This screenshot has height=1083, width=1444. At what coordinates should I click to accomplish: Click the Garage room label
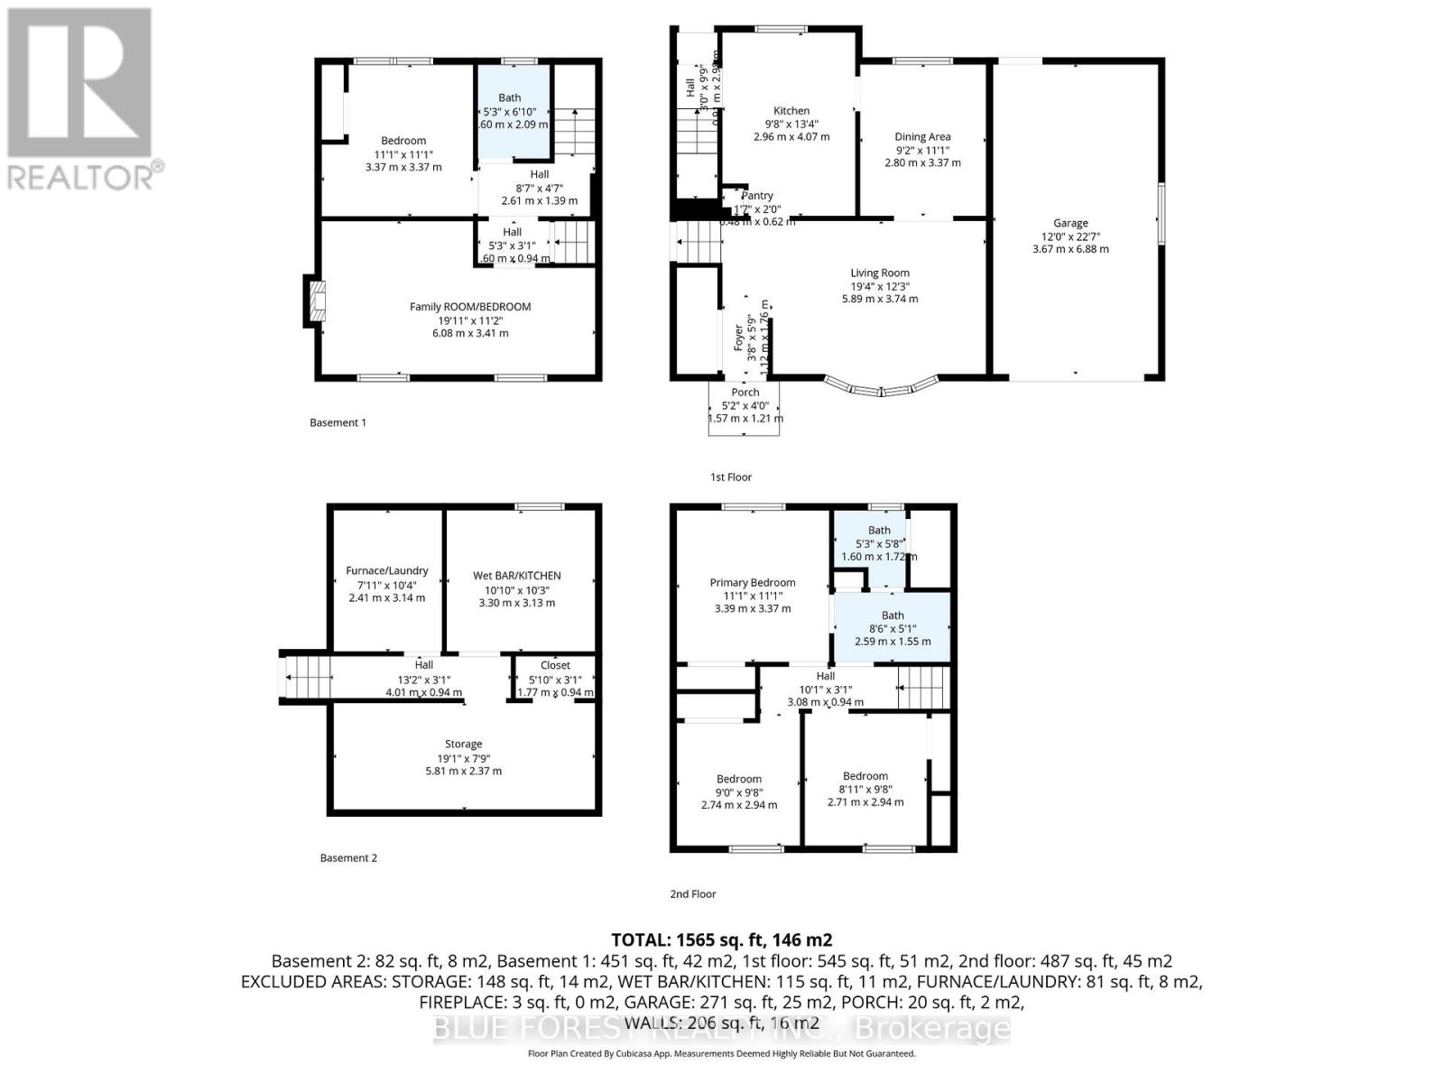pos(1070,223)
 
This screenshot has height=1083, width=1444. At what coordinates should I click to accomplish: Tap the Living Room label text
pos(880,273)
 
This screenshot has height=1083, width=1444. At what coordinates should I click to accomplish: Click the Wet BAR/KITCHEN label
pos(517,576)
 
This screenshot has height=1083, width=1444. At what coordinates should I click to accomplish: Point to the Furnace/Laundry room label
pos(387,570)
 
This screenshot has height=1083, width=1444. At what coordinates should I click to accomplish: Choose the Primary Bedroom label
pos(753,583)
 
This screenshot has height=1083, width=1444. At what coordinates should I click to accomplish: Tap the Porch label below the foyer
pos(745,393)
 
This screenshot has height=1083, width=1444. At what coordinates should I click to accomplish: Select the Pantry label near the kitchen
pos(757,196)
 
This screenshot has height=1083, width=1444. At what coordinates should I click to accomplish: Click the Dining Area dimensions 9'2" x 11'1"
pos(922,150)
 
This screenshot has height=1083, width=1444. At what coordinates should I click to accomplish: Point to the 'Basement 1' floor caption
pos(338,422)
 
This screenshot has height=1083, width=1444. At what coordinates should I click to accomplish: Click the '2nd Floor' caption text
pos(692,894)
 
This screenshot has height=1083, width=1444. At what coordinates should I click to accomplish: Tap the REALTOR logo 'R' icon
pos(79,83)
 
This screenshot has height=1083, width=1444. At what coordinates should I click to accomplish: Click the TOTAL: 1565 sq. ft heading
pos(721,940)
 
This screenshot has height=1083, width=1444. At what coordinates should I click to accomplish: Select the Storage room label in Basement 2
pos(463,745)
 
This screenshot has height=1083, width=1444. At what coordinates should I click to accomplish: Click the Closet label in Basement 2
pos(555,665)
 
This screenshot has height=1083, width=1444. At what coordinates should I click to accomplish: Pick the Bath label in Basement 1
pos(510,97)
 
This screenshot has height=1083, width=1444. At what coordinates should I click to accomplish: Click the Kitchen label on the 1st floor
pos(791,111)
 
